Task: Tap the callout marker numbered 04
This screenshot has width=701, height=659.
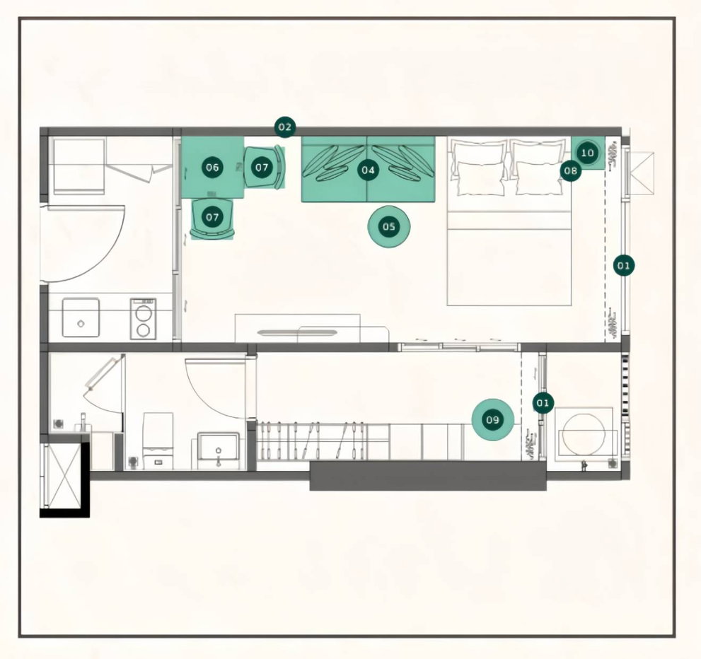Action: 368,170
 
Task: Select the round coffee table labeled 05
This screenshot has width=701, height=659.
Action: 388,226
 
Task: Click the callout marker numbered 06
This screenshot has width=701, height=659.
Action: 212,168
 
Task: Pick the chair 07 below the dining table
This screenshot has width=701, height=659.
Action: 212,218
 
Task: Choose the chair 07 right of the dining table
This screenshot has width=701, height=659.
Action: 265,168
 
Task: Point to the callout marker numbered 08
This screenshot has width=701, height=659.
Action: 571,170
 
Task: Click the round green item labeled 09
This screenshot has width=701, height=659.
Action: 492,419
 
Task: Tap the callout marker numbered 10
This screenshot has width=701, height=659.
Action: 587,153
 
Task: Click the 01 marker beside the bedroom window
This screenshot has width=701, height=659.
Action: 624,266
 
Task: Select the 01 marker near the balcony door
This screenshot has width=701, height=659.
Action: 543,403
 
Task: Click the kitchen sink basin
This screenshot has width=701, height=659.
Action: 81,317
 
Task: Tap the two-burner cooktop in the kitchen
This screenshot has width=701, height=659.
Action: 143,319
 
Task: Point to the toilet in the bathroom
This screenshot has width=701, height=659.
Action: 157,440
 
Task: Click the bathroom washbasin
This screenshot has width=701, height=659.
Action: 218,447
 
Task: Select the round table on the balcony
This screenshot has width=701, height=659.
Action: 584,434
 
